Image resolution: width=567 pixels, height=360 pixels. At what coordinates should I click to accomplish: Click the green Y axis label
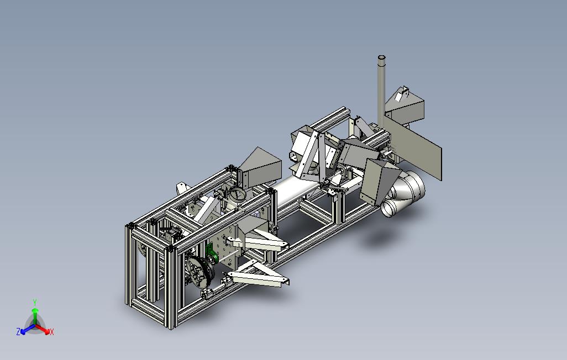[x=35, y=302]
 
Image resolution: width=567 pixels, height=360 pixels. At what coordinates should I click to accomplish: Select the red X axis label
[x=52, y=332]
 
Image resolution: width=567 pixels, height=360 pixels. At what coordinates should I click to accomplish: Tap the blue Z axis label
[x=18, y=331]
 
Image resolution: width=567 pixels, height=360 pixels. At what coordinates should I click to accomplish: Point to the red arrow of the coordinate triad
[x=43, y=329]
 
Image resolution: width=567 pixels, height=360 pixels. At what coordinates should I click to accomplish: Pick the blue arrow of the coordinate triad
[x=28, y=329]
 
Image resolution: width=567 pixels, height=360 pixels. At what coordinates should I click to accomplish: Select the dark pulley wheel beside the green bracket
[x=201, y=272]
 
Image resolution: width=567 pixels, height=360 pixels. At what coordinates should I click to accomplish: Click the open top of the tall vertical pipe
[x=381, y=57]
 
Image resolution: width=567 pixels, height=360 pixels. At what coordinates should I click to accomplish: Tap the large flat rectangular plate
[x=413, y=147]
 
